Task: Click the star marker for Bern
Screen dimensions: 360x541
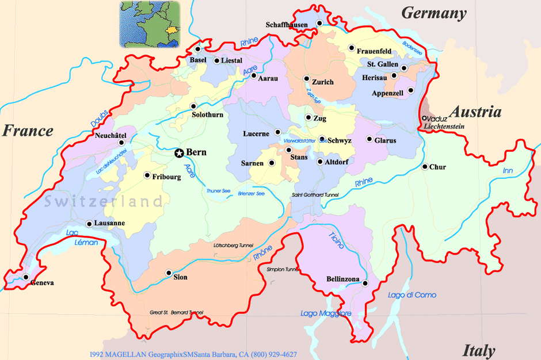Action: [179, 153]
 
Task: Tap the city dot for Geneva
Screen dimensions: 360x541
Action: [26, 277]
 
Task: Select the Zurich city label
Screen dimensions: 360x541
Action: [323, 82]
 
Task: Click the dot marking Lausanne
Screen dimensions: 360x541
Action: [89, 224]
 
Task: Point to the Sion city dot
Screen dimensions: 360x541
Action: [169, 273]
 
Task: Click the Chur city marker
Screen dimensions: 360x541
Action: [425, 167]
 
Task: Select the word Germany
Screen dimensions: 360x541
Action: [433, 13]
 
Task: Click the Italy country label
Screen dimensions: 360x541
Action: [478, 350]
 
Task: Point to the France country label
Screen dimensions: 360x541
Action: [28, 131]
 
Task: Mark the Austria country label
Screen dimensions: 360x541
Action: [475, 112]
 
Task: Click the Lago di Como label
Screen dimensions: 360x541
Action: [412, 295]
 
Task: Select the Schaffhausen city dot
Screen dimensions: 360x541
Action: [321, 24]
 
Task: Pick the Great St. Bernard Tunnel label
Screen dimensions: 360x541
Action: [176, 313]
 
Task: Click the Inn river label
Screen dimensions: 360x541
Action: [508, 171]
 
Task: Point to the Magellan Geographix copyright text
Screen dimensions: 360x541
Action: [193, 354]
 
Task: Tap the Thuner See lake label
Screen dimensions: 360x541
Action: [219, 191]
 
